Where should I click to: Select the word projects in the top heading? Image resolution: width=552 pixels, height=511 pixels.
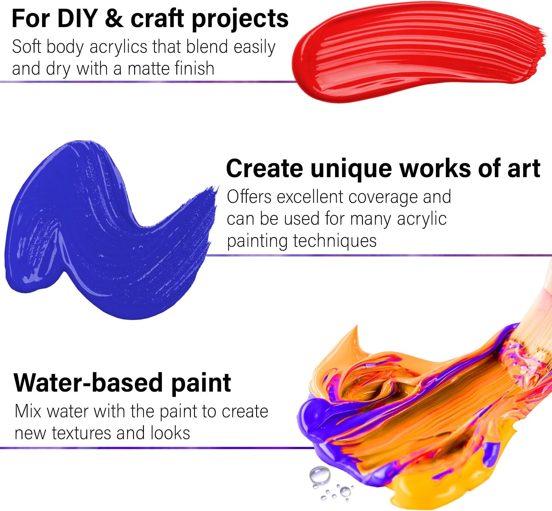pyautogui.click(x=240, y=20)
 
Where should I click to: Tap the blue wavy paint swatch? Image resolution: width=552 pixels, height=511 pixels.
pyautogui.click(x=108, y=229)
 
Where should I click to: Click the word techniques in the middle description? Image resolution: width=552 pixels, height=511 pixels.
pyautogui.click(x=335, y=241)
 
